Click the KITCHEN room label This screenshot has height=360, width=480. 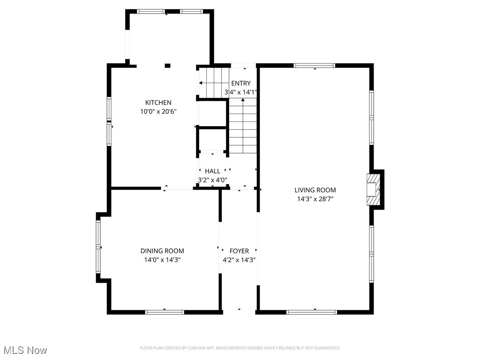(x=158, y=103)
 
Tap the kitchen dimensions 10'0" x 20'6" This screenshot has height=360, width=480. (x=158, y=112)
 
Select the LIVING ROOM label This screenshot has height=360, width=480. (x=315, y=190)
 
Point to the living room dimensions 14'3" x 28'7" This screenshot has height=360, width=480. (x=315, y=199)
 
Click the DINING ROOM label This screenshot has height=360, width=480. (x=162, y=251)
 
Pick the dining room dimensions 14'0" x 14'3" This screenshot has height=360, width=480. (x=162, y=260)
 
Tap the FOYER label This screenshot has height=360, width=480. (x=239, y=251)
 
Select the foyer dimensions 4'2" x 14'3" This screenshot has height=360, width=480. (x=239, y=260)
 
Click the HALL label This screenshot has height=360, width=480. (x=212, y=171)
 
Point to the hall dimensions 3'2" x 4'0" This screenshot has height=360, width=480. (x=212, y=180)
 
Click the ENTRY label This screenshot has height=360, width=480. (x=240, y=83)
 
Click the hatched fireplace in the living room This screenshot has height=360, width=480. (x=373, y=189)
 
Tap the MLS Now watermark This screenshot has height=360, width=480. (x=25, y=350)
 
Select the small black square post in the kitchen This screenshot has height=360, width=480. (x=167, y=66)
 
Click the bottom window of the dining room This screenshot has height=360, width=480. (x=165, y=311)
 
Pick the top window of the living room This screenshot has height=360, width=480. (x=315, y=66)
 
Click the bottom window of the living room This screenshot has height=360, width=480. (x=312, y=311)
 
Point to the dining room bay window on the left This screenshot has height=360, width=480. (x=98, y=247)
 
